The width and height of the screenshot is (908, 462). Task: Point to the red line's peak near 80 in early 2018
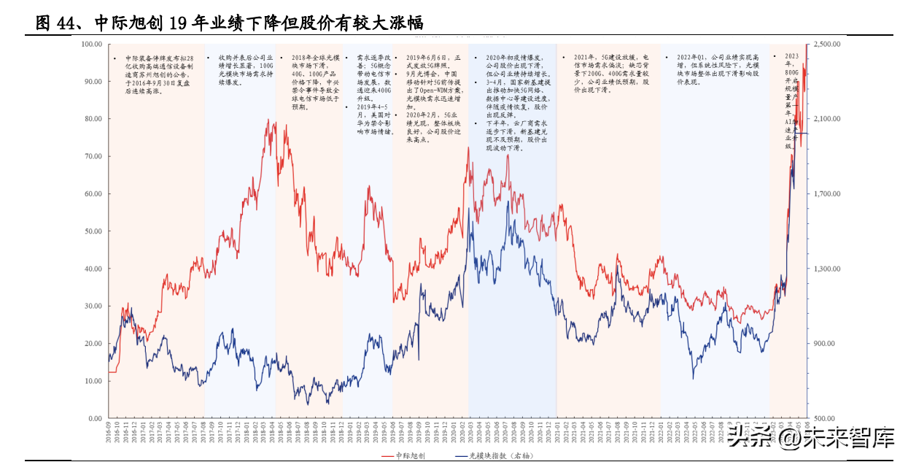pos(275,120)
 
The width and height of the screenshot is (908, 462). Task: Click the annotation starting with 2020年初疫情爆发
pos(517,102)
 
